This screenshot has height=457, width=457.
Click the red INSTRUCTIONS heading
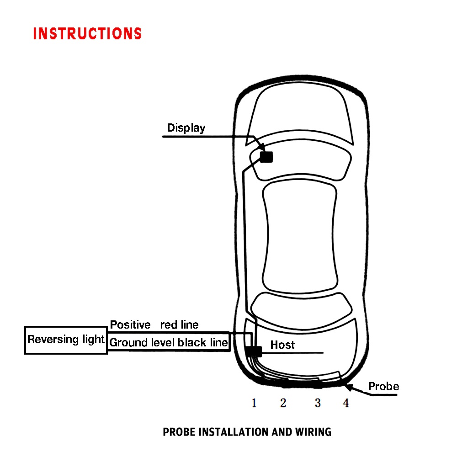pyautogui.click(x=87, y=33)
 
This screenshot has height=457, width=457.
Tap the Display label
pyautogui.click(x=186, y=128)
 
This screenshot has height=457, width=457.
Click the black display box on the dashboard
pyautogui.click(x=266, y=157)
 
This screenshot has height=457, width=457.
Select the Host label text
pyautogui.click(x=282, y=345)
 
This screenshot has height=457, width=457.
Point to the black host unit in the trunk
pyautogui.click(x=254, y=351)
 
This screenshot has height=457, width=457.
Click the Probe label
pyautogui.click(x=383, y=387)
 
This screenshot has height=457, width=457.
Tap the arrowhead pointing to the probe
pyautogui.click(x=349, y=388)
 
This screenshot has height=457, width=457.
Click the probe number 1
pyautogui.click(x=254, y=403)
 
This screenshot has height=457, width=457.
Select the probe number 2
pyautogui.click(x=283, y=403)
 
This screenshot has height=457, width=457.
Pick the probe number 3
pyautogui.click(x=318, y=403)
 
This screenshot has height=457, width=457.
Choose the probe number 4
pyautogui.click(x=346, y=403)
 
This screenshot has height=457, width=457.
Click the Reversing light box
pyautogui.click(x=66, y=340)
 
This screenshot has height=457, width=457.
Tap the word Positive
pyautogui.click(x=130, y=324)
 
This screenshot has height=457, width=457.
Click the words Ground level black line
pyautogui.click(x=169, y=342)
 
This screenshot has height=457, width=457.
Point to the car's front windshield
pyautogui.click(x=300, y=114)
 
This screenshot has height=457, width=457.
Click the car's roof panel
pyautogui.click(x=300, y=237)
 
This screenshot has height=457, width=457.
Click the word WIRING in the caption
pyautogui.click(x=314, y=432)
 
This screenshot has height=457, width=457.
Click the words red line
pyautogui.click(x=180, y=324)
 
